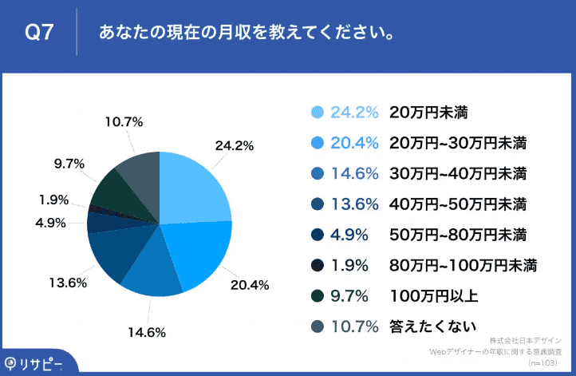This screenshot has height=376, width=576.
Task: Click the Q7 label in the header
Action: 39,33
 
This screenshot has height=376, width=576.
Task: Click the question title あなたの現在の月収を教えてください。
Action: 246,33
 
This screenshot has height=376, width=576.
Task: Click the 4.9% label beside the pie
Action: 50,223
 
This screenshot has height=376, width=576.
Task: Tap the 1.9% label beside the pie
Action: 53,200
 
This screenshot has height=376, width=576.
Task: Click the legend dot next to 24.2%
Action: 317,113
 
